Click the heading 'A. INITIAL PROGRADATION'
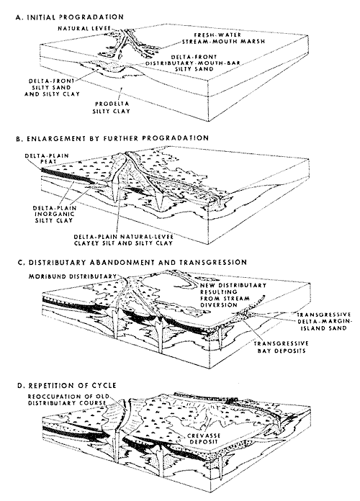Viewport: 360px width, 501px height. point(69,17)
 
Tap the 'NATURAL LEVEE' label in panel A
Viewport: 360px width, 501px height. point(84,29)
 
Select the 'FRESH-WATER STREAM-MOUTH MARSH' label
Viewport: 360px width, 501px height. point(223,38)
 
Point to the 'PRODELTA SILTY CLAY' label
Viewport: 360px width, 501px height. point(112,107)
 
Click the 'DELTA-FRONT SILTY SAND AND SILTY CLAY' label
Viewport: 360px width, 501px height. point(52,88)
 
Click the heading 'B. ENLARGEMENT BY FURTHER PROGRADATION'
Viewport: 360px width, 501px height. point(112,138)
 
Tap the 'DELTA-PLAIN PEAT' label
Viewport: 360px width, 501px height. point(47,158)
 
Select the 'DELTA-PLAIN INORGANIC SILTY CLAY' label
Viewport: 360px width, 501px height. point(53,214)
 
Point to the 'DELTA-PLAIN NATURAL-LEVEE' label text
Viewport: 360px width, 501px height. point(123,237)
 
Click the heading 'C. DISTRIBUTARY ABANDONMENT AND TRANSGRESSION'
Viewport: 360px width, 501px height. point(132,262)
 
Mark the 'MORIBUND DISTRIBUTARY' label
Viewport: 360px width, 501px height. point(73,276)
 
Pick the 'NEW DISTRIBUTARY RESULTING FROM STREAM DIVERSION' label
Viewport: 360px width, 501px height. point(233,295)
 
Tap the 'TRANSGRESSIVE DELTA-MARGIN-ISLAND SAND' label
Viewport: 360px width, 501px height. point(323,322)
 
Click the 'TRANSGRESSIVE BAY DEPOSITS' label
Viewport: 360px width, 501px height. point(281,347)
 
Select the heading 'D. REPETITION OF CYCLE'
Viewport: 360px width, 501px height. point(67,386)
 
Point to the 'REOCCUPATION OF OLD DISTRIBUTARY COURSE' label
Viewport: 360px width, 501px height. point(68,400)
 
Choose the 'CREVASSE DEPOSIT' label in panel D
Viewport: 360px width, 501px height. point(203,438)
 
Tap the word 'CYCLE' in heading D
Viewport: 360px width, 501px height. point(104,386)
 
